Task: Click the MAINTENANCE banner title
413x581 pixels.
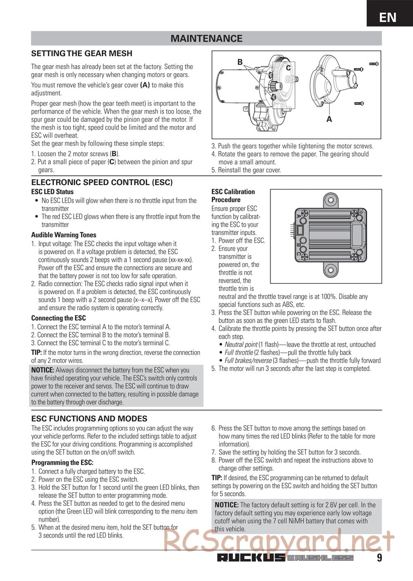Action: [x=206, y=38]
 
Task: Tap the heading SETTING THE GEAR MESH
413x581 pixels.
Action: [x=82, y=53]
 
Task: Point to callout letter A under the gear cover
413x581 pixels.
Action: [x=329, y=119]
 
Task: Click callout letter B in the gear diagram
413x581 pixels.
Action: [x=240, y=62]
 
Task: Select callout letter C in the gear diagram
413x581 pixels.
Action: [x=288, y=68]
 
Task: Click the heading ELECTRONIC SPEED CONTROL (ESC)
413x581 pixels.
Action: [x=102, y=182]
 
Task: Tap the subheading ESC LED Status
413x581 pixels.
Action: [x=52, y=192]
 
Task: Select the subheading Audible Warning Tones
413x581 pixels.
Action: [x=64, y=235]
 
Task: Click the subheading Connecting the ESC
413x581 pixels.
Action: [x=59, y=318]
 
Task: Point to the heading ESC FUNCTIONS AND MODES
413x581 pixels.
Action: [x=89, y=419]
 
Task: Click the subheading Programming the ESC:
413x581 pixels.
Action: [x=62, y=463]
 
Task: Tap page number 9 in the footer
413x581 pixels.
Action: [x=379, y=558]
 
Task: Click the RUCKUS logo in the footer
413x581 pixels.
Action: [x=251, y=558]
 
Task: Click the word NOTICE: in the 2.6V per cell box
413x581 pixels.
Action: [x=227, y=505]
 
